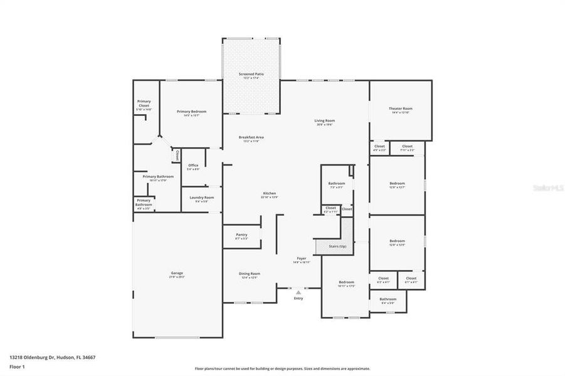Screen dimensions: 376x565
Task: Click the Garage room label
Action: click(177, 274)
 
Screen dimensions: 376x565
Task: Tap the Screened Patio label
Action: click(251, 75)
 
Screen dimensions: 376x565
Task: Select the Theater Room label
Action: click(401, 109)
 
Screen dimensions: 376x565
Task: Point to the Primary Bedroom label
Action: click(191, 112)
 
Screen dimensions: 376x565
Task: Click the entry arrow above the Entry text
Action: click(298, 291)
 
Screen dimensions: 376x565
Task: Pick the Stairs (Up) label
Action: click(337, 246)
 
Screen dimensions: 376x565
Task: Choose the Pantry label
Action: click(241, 235)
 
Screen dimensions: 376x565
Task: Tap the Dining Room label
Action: click(250, 274)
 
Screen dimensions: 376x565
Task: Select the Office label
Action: click(193, 166)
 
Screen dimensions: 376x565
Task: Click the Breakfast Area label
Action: click(251, 137)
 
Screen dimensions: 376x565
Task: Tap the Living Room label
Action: click(324, 121)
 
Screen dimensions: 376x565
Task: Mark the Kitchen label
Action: click(270, 194)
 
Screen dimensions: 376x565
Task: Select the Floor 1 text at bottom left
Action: click(16, 367)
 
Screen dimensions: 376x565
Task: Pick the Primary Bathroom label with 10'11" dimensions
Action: click(158, 177)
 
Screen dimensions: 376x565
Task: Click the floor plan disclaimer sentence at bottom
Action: click(282, 368)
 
